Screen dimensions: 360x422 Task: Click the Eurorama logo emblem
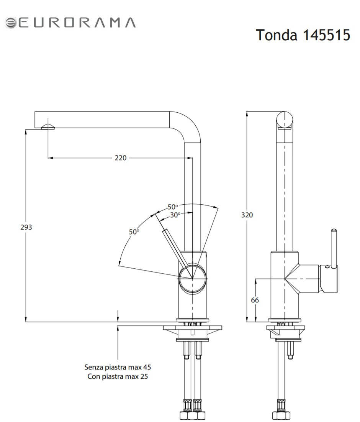pos(11,23)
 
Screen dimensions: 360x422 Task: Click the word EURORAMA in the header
pos(77,23)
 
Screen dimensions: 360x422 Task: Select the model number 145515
pos(326,35)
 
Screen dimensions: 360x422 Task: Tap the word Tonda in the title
pos(277,35)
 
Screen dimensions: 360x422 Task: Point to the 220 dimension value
pos(121,158)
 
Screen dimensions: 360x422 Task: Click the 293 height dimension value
pos(26,227)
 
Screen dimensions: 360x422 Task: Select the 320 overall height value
pos(247,215)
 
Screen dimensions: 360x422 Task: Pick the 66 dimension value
pos(255,300)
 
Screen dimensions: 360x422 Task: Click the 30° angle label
pos(175,215)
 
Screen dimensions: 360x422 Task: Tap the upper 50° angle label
pos(173,207)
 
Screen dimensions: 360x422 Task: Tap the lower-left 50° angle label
pos(134,232)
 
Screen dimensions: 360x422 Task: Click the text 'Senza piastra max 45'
pos(118,367)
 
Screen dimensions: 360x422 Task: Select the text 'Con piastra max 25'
pos(118,376)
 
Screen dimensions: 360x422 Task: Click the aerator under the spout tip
pos(48,127)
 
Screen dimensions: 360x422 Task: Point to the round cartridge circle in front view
pos(193,278)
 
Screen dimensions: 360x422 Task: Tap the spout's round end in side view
pos(285,120)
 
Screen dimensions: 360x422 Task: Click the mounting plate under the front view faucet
pos(192,328)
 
